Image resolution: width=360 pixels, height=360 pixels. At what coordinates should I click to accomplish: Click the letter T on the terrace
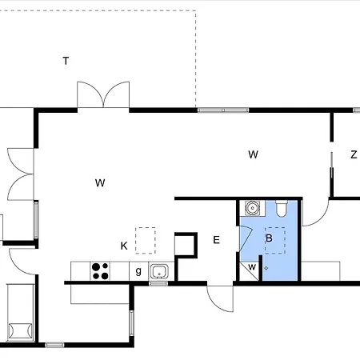66,61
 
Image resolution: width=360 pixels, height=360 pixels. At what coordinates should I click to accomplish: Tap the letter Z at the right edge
354,154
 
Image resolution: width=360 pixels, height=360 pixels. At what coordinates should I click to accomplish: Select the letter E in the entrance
217,240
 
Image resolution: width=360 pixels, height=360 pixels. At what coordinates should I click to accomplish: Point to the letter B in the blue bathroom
269,238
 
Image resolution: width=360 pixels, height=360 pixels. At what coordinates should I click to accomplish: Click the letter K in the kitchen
124,246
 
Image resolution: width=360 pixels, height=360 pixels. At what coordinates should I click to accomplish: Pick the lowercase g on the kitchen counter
138,271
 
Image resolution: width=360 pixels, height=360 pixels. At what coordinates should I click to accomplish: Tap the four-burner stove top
100,271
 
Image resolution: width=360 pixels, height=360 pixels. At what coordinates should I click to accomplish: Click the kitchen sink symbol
159,271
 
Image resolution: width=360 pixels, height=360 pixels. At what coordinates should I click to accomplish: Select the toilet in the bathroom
282,209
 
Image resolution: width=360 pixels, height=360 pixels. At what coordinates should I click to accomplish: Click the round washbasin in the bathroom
252,208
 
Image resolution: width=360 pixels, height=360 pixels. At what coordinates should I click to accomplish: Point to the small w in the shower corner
252,266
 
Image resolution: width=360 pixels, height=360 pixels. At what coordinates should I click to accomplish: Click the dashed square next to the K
146,240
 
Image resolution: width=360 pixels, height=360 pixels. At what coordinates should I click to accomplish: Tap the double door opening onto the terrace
103,94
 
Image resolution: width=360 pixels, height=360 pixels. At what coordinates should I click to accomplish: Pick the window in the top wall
223,110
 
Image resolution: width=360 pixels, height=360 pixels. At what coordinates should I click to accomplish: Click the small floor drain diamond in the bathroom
266,268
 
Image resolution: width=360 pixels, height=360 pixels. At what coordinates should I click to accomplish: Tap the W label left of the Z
253,154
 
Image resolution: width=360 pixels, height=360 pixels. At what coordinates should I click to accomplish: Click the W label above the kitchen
100,183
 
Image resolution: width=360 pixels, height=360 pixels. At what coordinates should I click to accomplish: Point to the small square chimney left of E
186,245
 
